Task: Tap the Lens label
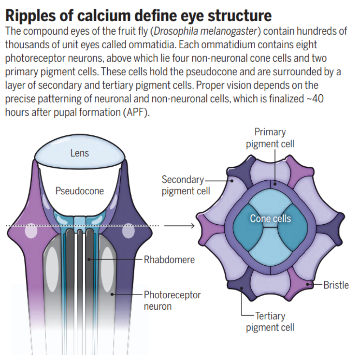click(x=80, y=153)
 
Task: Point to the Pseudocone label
click(x=80, y=191)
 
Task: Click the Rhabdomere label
click(x=169, y=259)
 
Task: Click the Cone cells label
click(x=270, y=219)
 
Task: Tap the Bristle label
click(x=336, y=285)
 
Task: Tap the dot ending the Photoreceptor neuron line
click(x=112, y=294)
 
